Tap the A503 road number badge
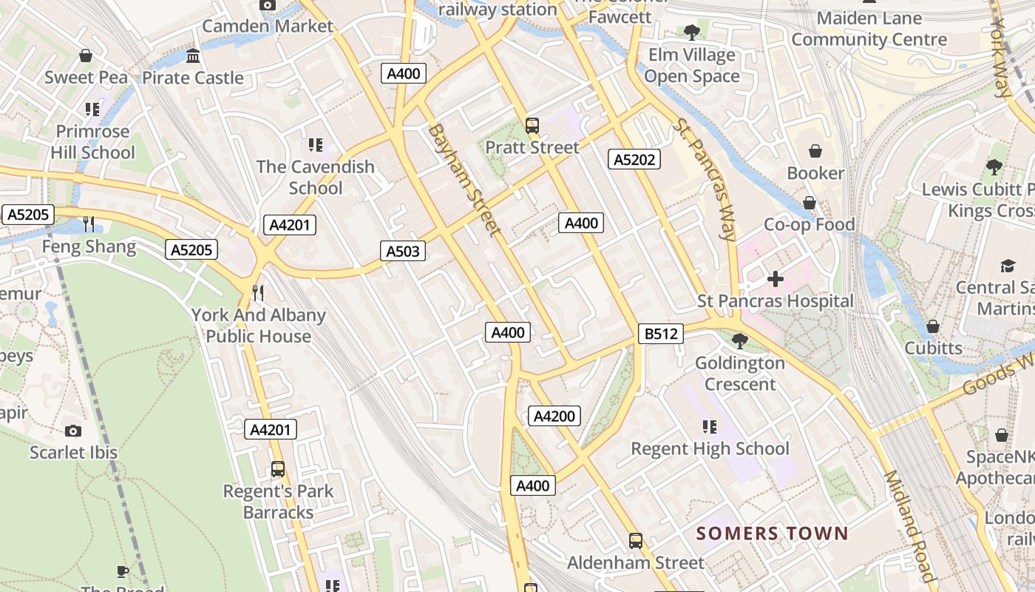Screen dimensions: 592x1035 [x=403, y=251]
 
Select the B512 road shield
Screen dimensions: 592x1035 [x=661, y=334]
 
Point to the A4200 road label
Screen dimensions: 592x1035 [x=554, y=416]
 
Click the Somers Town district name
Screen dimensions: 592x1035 [x=773, y=533]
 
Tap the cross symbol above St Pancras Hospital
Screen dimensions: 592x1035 [x=775, y=279]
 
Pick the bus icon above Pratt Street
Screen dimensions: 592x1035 [x=532, y=125]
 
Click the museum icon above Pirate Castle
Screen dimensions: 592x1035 [x=193, y=55]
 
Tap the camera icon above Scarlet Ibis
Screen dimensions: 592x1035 [x=73, y=431]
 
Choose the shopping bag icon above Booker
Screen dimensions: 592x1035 [x=815, y=151]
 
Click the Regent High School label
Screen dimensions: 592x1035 [x=710, y=448]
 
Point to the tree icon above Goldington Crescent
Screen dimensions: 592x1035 [x=739, y=341]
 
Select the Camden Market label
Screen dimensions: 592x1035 [x=268, y=26]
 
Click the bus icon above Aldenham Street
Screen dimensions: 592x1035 [x=636, y=541]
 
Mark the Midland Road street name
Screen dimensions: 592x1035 [x=910, y=525]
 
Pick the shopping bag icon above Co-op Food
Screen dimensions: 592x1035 [x=810, y=203]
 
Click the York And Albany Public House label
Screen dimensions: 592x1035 [x=259, y=325]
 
